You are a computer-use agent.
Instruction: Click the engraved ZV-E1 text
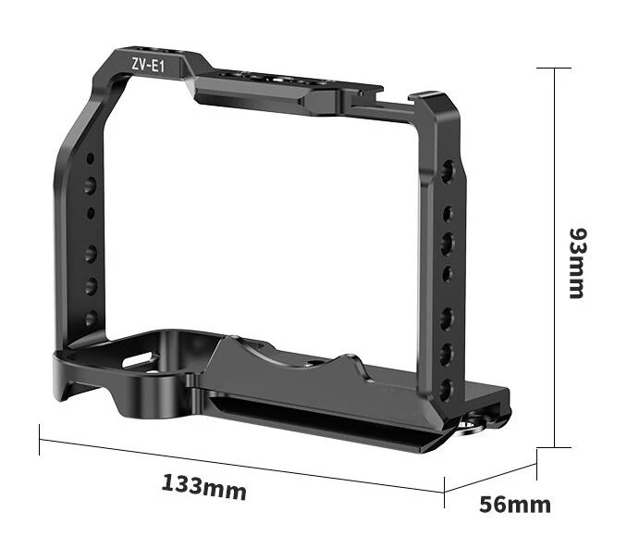tap(148, 65)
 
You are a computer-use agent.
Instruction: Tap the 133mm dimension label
tap(204, 487)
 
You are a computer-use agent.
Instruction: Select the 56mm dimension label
tap(515, 505)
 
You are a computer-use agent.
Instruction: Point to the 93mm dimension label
tap(577, 263)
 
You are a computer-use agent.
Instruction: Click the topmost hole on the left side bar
tap(91, 158)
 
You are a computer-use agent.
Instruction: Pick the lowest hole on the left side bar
tap(92, 318)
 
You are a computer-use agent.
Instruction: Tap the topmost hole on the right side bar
tap(448, 169)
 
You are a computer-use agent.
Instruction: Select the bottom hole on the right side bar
tap(447, 389)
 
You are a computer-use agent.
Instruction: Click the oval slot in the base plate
tap(137, 360)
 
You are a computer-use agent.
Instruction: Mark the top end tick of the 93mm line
tap(554, 69)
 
